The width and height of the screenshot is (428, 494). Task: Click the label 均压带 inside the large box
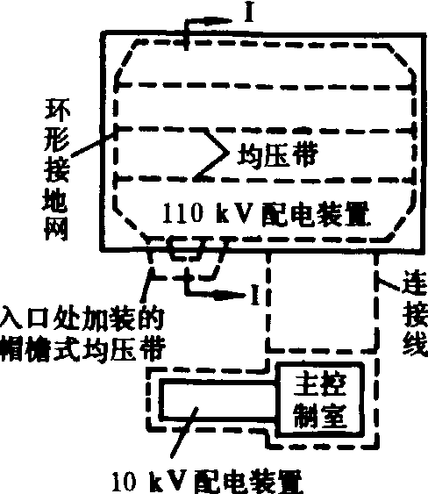[277, 154]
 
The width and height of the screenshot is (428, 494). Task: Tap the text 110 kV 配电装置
[266, 214]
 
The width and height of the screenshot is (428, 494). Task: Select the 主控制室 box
[320, 400]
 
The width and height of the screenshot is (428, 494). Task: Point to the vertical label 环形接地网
[57, 170]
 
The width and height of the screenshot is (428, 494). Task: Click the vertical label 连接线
[415, 314]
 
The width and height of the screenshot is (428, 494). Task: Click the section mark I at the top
[249, 13]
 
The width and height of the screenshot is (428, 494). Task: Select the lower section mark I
[255, 295]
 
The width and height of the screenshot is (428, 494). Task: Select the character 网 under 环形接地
[56, 228]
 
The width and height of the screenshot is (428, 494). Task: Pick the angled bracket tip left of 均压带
[228, 153]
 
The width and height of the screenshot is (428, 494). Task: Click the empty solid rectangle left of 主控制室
[218, 400]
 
